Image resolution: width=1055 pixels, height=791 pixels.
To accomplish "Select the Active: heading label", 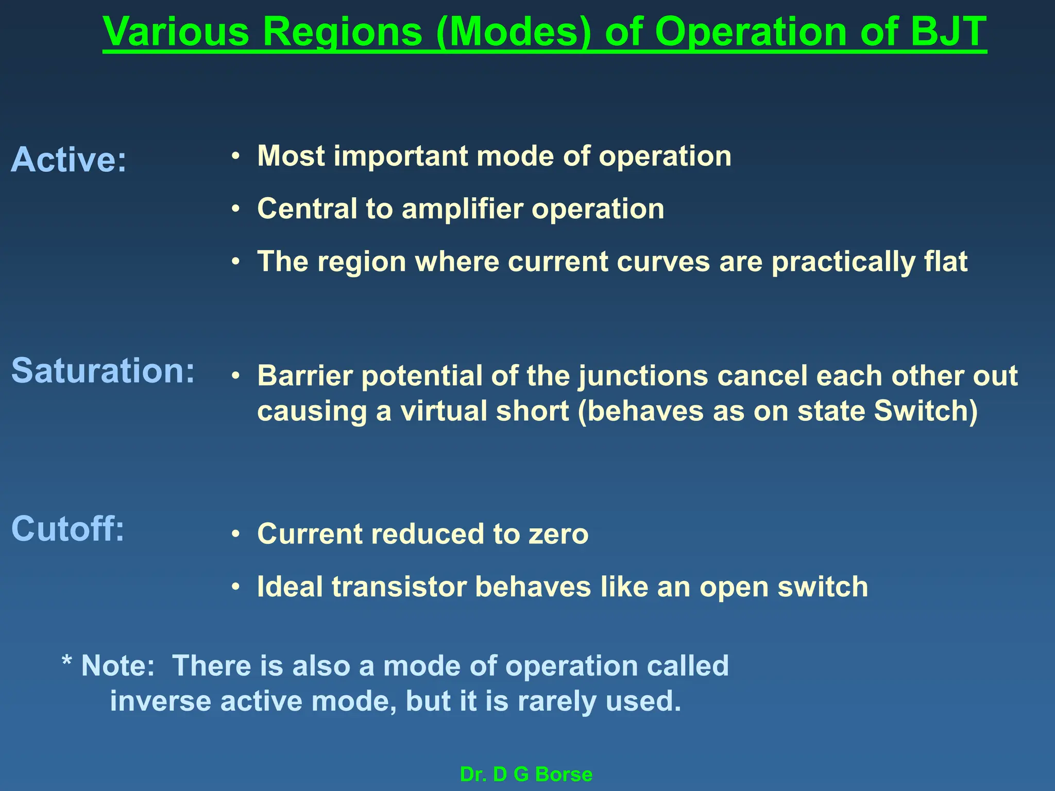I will (69, 160).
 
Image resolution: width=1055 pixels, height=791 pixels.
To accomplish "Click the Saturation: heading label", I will (103, 371).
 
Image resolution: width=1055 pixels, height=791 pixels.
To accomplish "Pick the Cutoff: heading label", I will (68, 529).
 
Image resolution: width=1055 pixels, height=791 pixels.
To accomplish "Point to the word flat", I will (946, 262).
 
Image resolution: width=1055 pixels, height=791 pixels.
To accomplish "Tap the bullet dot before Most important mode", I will (235, 157).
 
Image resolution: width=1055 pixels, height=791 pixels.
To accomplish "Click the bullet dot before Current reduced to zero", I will (235, 534).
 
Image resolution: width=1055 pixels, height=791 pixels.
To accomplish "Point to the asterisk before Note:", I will (66, 661).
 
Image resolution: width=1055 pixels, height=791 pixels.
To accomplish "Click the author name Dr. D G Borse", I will (526, 775).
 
